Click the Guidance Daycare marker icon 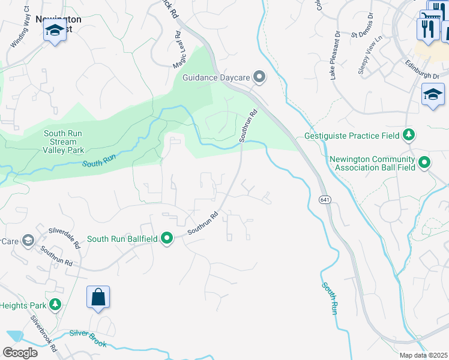tap(259, 77)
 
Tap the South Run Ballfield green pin tap(167, 239)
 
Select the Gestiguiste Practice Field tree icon tap(409, 134)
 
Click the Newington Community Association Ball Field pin tap(424, 162)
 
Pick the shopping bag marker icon tap(98, 297)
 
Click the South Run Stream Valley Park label tap(64, 142)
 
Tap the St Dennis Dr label tap(362, 32)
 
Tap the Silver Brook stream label tap(88, 338)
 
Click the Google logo tap(20, 352)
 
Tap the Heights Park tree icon tap(55, 305)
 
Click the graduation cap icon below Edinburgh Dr tap(433, 95)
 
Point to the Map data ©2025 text tap(423, 355)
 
